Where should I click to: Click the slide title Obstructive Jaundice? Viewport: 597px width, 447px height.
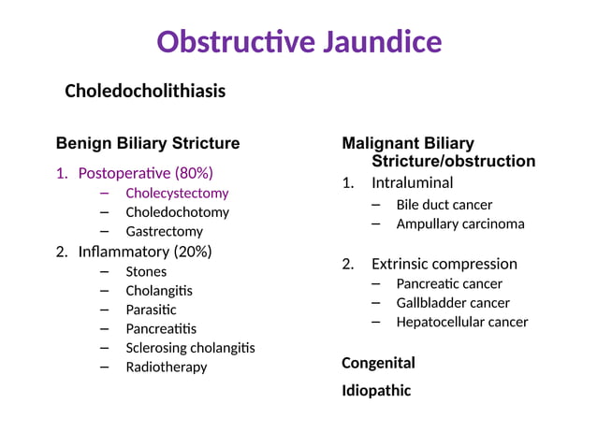298,42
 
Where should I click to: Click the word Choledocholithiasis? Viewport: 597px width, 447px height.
145,92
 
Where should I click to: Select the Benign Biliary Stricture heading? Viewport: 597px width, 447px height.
148,143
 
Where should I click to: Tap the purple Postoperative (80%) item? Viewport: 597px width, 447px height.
145,173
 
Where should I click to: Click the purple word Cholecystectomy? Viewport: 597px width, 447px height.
177,193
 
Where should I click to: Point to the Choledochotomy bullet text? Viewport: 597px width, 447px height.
177,212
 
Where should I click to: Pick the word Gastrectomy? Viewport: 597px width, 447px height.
164,231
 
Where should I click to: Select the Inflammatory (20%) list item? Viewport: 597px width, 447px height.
144,252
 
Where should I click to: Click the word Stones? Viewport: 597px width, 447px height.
146,271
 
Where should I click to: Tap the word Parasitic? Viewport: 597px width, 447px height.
151,310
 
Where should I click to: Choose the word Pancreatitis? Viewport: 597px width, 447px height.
161,328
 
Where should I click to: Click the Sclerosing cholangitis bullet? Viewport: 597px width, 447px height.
190,348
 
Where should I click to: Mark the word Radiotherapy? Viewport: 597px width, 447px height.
167,367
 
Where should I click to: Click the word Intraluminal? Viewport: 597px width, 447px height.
412,183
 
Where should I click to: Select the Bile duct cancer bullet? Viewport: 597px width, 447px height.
444,204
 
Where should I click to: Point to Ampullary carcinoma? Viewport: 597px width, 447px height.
459,223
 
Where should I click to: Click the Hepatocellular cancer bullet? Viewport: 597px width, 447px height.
461,322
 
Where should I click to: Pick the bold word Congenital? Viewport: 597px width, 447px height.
378,363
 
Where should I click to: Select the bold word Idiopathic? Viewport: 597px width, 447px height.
375,391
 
